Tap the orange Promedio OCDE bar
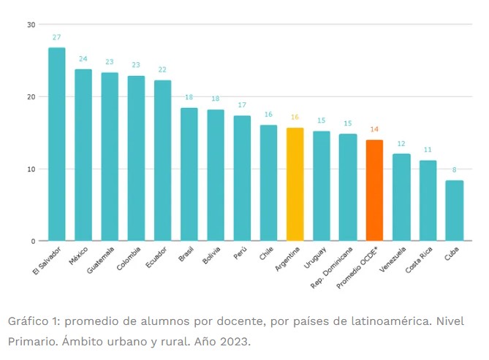pos(374,191)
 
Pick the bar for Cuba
pos(454,211)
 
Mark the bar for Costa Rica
pos(428,201)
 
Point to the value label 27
pos(57,37)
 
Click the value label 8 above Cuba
pos(454,169)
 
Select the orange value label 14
pos(374,129)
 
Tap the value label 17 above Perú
pos(242,104)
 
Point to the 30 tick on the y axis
pos(31,25)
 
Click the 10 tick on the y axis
pos(31,169)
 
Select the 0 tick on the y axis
pos(33,241)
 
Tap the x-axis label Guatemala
pos(102,261)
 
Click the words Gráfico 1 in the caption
pos(31,322)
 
